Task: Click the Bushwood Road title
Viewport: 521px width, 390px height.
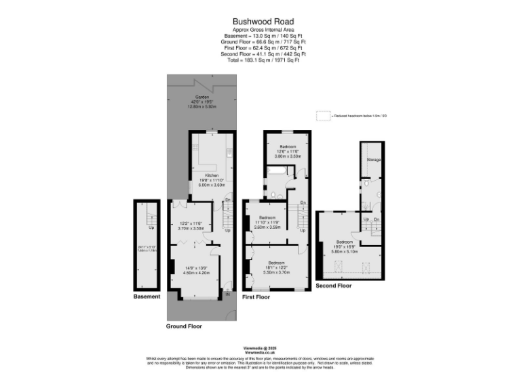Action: (x=260, y=22)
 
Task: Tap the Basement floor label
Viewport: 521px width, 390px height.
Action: (x=147, y=297)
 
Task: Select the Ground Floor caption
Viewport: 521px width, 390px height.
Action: (x=184, y=326)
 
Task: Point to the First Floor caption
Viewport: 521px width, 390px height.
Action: (x=256, y=297)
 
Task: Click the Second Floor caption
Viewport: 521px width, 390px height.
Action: (x=334, y=286)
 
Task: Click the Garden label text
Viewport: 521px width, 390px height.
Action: (x=201, y=97)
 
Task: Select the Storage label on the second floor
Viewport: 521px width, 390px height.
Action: (x=373, y=160)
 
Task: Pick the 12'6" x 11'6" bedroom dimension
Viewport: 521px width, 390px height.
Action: (x=287, y=152)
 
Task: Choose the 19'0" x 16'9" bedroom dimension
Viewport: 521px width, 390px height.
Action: (x=344, y=246)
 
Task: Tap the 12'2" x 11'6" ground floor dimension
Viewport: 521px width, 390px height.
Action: (x=191, y=223)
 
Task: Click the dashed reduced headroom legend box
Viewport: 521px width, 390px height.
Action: (x=322, y=116)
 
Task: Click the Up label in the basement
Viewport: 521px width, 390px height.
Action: (x=151, y=227)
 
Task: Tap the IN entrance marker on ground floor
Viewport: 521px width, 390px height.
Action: (x=228, y=294)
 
